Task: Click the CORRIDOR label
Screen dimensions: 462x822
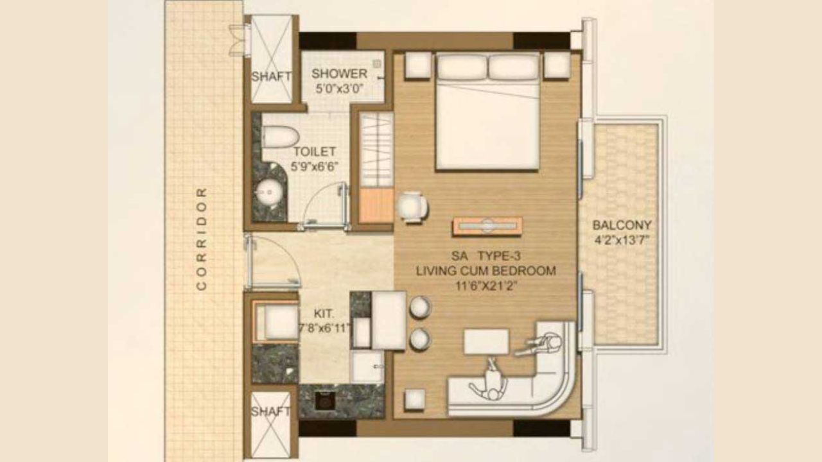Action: (x=201, y=239)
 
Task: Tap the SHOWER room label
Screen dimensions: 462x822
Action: (x=339, y=74)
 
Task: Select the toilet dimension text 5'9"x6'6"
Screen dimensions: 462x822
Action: (x=315, y=166)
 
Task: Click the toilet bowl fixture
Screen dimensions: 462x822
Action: (x=280, y=136)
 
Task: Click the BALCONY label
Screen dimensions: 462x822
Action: (x=622, y=225)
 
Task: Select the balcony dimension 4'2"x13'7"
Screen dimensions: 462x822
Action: (x=622, y=241)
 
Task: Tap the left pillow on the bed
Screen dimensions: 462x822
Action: (x=462, y=67)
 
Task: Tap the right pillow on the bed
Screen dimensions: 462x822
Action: (x=513, y=67)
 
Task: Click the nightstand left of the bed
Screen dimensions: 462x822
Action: (x=417, y=65)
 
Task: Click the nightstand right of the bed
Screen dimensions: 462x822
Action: (x=557, y=65)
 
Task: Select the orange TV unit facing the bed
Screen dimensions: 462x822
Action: (x=487, y=226)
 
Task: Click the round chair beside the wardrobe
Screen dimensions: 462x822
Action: (x=412, y=207)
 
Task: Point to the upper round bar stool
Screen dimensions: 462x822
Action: (x=420, y=307)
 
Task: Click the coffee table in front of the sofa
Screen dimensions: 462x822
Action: (x=486, y=341)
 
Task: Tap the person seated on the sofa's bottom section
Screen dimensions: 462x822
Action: (x=491, y=384)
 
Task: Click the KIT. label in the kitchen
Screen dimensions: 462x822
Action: (x=324, y=314)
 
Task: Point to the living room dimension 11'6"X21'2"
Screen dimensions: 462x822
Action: (x=485, y=286)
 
